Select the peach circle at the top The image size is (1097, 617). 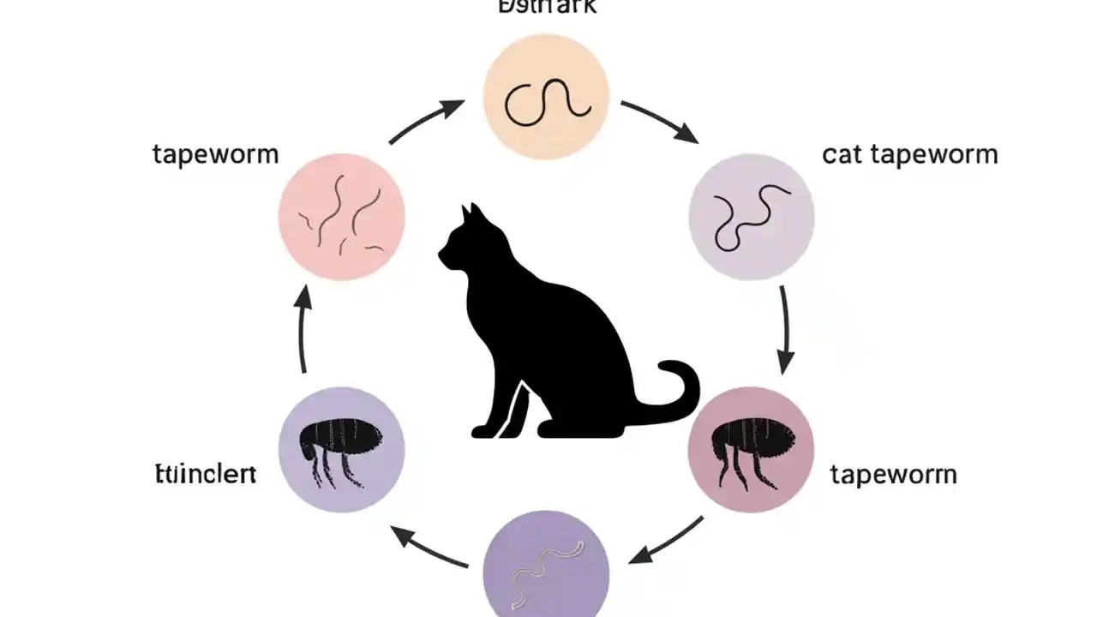(x=546, y=96)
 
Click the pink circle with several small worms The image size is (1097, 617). (x=341, y=216)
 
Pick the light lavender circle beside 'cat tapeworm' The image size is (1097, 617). (x=751, y=217)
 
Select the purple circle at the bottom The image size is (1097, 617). (x=546, y=566)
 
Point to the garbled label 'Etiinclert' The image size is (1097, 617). (x=205, y=474)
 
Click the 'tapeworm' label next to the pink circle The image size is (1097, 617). (x=215, y=155)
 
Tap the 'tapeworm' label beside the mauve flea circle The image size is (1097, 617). (x=893, y=474)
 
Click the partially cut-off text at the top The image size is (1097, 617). (x=546, y=7)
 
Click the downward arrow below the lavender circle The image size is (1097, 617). (x=786, y=330)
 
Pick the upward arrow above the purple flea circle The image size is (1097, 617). (x=302, y=330)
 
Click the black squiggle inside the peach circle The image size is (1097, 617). (x=547, y=100)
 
